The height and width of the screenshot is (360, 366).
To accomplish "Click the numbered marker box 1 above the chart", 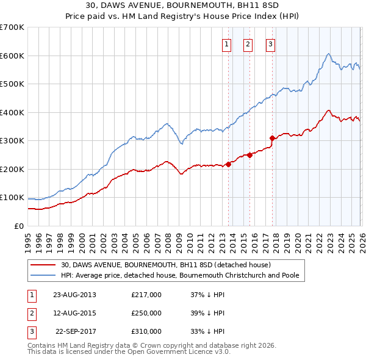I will pyautogui.click(x=226, y=43).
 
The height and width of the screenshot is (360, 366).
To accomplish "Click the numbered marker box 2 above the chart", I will pyautogui.click(x=248, y=43).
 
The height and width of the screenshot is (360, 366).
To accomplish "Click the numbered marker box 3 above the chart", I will pyautogui.click(x=270, y=43).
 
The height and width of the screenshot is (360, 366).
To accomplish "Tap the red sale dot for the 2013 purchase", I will pyautogui.click(x=228, y=164).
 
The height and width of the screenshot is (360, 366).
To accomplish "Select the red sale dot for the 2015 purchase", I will pyautogui.click(x=249, y=155).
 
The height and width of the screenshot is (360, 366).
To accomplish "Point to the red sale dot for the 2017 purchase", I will pyautogui.click(x=272, y=138).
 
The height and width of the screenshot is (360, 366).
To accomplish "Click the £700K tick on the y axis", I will pyautogui.click(x=12, y=27).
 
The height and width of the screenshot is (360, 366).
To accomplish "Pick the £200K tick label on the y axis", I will pyautogui.click(x=12, y=169).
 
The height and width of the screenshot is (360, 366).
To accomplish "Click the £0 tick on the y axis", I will pyautogui.click(x=19, y=226).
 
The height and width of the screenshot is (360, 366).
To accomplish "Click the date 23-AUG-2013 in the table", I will pyautogui.click(x=75, y=295).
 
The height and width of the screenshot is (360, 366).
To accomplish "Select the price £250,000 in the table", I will pyautogui.click(x=146, y=313).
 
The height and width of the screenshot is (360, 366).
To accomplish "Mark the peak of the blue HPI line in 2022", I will pyautogui.click(x=328, y=54).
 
